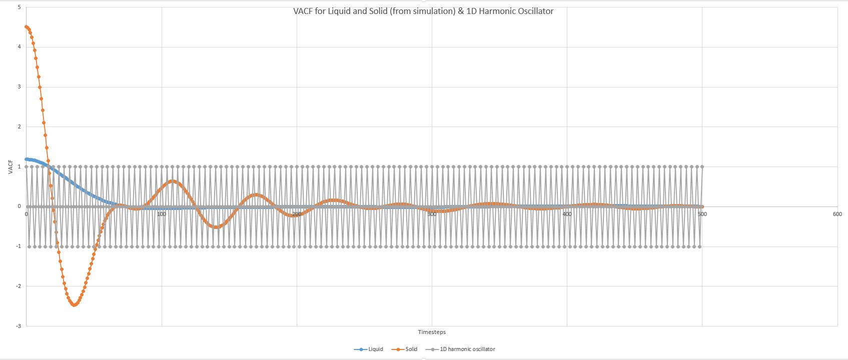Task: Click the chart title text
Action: coord(423,11)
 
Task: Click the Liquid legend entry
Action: coord(375,349)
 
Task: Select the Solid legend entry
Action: coord(411,349)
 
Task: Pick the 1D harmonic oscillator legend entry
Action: coord(467,349)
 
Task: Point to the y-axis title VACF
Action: coord(11,166)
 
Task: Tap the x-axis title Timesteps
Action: coord(432,332)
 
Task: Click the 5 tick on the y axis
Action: coord(19,7)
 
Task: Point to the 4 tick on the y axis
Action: coord(19,47)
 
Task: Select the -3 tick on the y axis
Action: coord(18,326)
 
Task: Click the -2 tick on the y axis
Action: coord(18,286)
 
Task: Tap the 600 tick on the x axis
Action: coord(837,214)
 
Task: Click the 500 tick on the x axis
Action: coord(702,214)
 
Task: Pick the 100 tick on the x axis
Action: coord(161,214)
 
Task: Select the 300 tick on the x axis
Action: coord(432,214)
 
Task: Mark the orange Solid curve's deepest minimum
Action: coord(74,304)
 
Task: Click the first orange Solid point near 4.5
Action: coord(27,27)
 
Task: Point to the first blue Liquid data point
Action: coord(27,159)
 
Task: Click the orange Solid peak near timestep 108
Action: coord(173,181)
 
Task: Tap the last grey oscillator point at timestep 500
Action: coord(702,167)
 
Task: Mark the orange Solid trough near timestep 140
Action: coord(216,227)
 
